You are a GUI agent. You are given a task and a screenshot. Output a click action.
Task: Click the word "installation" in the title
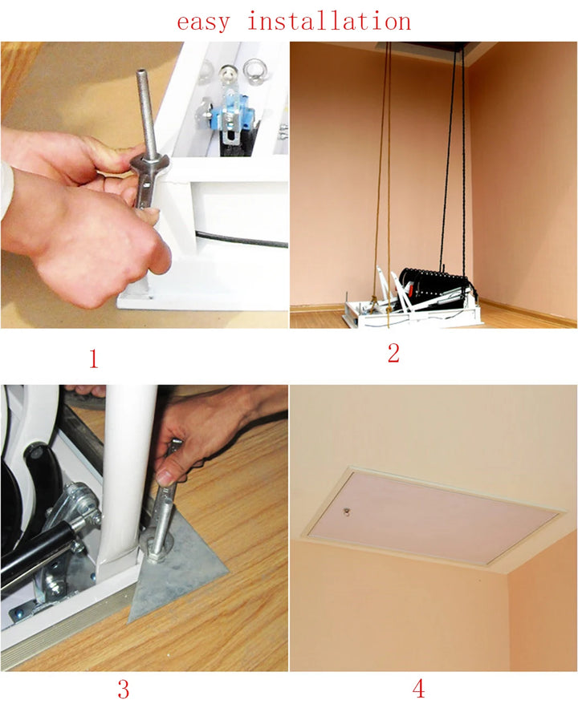click(329, 21)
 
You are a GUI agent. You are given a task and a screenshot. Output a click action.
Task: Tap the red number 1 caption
click(93, 358)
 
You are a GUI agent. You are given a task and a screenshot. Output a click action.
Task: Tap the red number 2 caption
click(393, 353)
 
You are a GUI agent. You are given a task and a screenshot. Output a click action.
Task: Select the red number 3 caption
click(124, 689)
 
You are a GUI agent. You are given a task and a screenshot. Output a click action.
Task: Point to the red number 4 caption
click(418, 688)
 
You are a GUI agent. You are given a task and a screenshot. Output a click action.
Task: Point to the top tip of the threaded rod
click(142, 71)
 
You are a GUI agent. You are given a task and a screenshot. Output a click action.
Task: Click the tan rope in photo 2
click(385, 180)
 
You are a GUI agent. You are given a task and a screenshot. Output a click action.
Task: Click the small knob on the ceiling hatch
click(347, 511)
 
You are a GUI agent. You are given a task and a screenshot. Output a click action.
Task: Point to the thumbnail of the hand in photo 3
click(165, 477)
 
